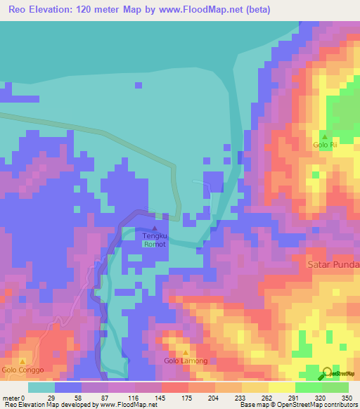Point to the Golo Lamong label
point(186,361)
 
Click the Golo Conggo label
point(22,370)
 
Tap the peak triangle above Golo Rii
point(324,136)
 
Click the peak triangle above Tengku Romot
point(155,228)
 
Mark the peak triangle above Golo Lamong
point(186,352)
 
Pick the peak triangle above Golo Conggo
point(22,361)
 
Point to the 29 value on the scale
point(52,398)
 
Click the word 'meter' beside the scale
point(11,398)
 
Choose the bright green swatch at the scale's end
point(335,387)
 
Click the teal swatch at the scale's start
point(41,387)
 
